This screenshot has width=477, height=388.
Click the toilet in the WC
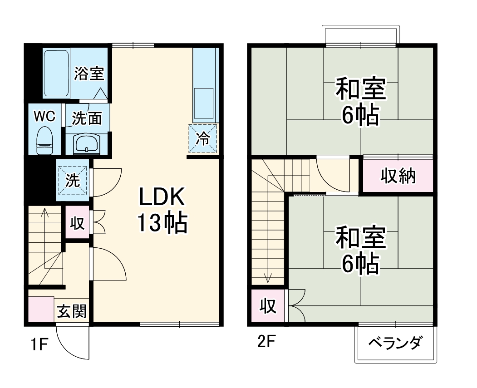coord(44,139)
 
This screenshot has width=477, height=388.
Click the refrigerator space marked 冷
coord(203,138)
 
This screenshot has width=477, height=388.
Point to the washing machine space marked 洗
coord(73,181)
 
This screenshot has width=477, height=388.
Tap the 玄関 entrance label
coord(72,312)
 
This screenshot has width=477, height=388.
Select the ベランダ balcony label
coord(395,343)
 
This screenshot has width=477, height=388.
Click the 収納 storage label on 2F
coord(398,176)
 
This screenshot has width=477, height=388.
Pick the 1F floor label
coord(39,345)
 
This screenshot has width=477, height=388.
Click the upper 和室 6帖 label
coord(361,102)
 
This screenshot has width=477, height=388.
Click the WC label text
coord(45,117)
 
